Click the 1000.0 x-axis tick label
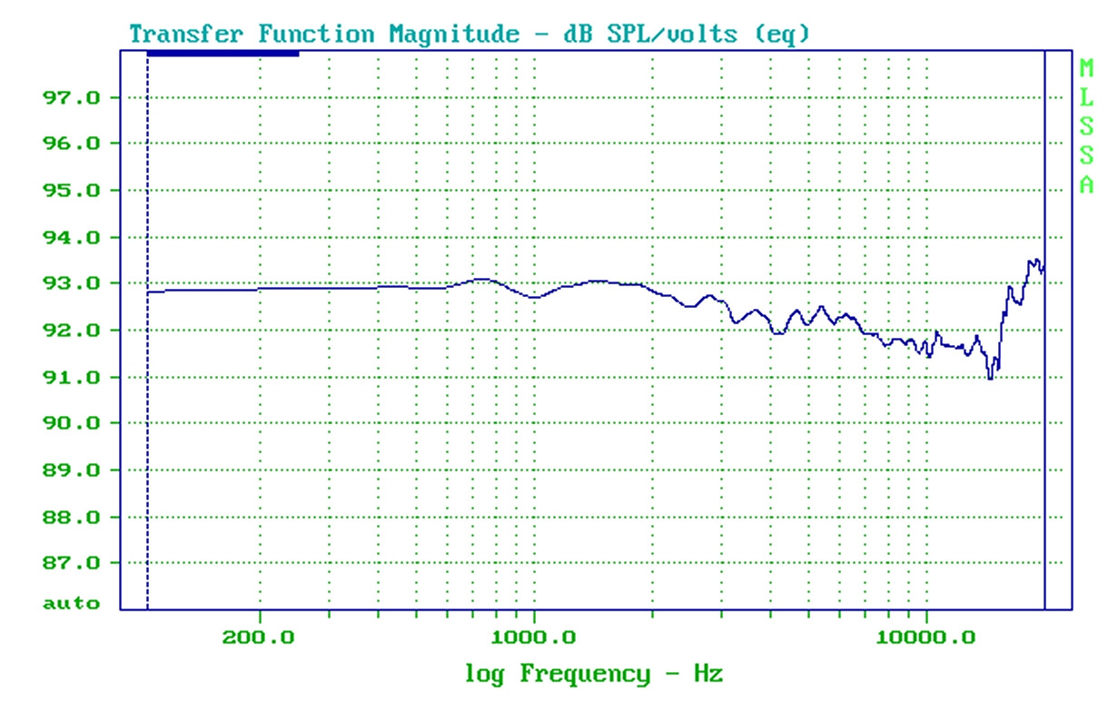click(x=534, y=637)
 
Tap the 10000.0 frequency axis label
click(x=927, y=637)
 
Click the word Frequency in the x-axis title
click(x=585, y=674)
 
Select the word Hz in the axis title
click(x=709, y=674)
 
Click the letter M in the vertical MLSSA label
click(x=1086, y=68)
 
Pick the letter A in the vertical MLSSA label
click(x=1086, y=185)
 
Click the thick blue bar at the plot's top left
click(x=223, y=54)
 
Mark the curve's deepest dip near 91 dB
click(x=991, y=376)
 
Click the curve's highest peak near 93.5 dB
click(x=1032, y=261)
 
